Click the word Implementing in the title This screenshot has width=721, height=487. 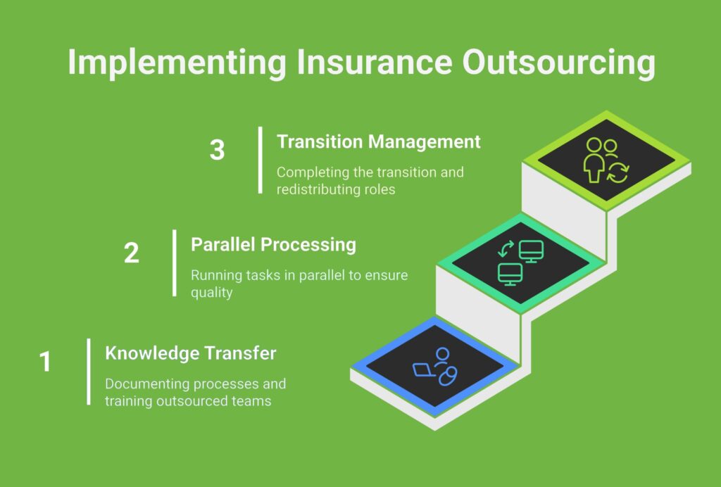tap(177, 63)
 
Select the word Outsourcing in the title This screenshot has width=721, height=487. tap(558, 63)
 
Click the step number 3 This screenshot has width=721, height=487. tap(217, 150)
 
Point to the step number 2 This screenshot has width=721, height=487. tap(132, 253)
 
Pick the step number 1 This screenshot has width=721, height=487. tap(45, 362)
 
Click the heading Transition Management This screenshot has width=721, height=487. tap(378, 141)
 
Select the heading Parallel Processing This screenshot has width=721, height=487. tap(274, 244)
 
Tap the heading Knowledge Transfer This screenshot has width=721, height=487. tap(190, 353)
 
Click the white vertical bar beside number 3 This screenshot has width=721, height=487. tap(261, 160)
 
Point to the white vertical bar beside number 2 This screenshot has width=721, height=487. tap(175, 263)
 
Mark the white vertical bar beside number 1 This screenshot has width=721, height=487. tap(89, 372)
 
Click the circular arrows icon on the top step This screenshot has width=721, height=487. tap(617, 172)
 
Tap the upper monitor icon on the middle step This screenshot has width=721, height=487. tap(531, 251)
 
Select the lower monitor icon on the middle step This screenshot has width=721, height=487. tap(510, 274)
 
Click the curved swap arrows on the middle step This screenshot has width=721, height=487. tap(506, 248)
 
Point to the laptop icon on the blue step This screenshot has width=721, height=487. tap(424, 370)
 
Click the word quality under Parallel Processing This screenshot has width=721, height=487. tap(211, 293)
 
